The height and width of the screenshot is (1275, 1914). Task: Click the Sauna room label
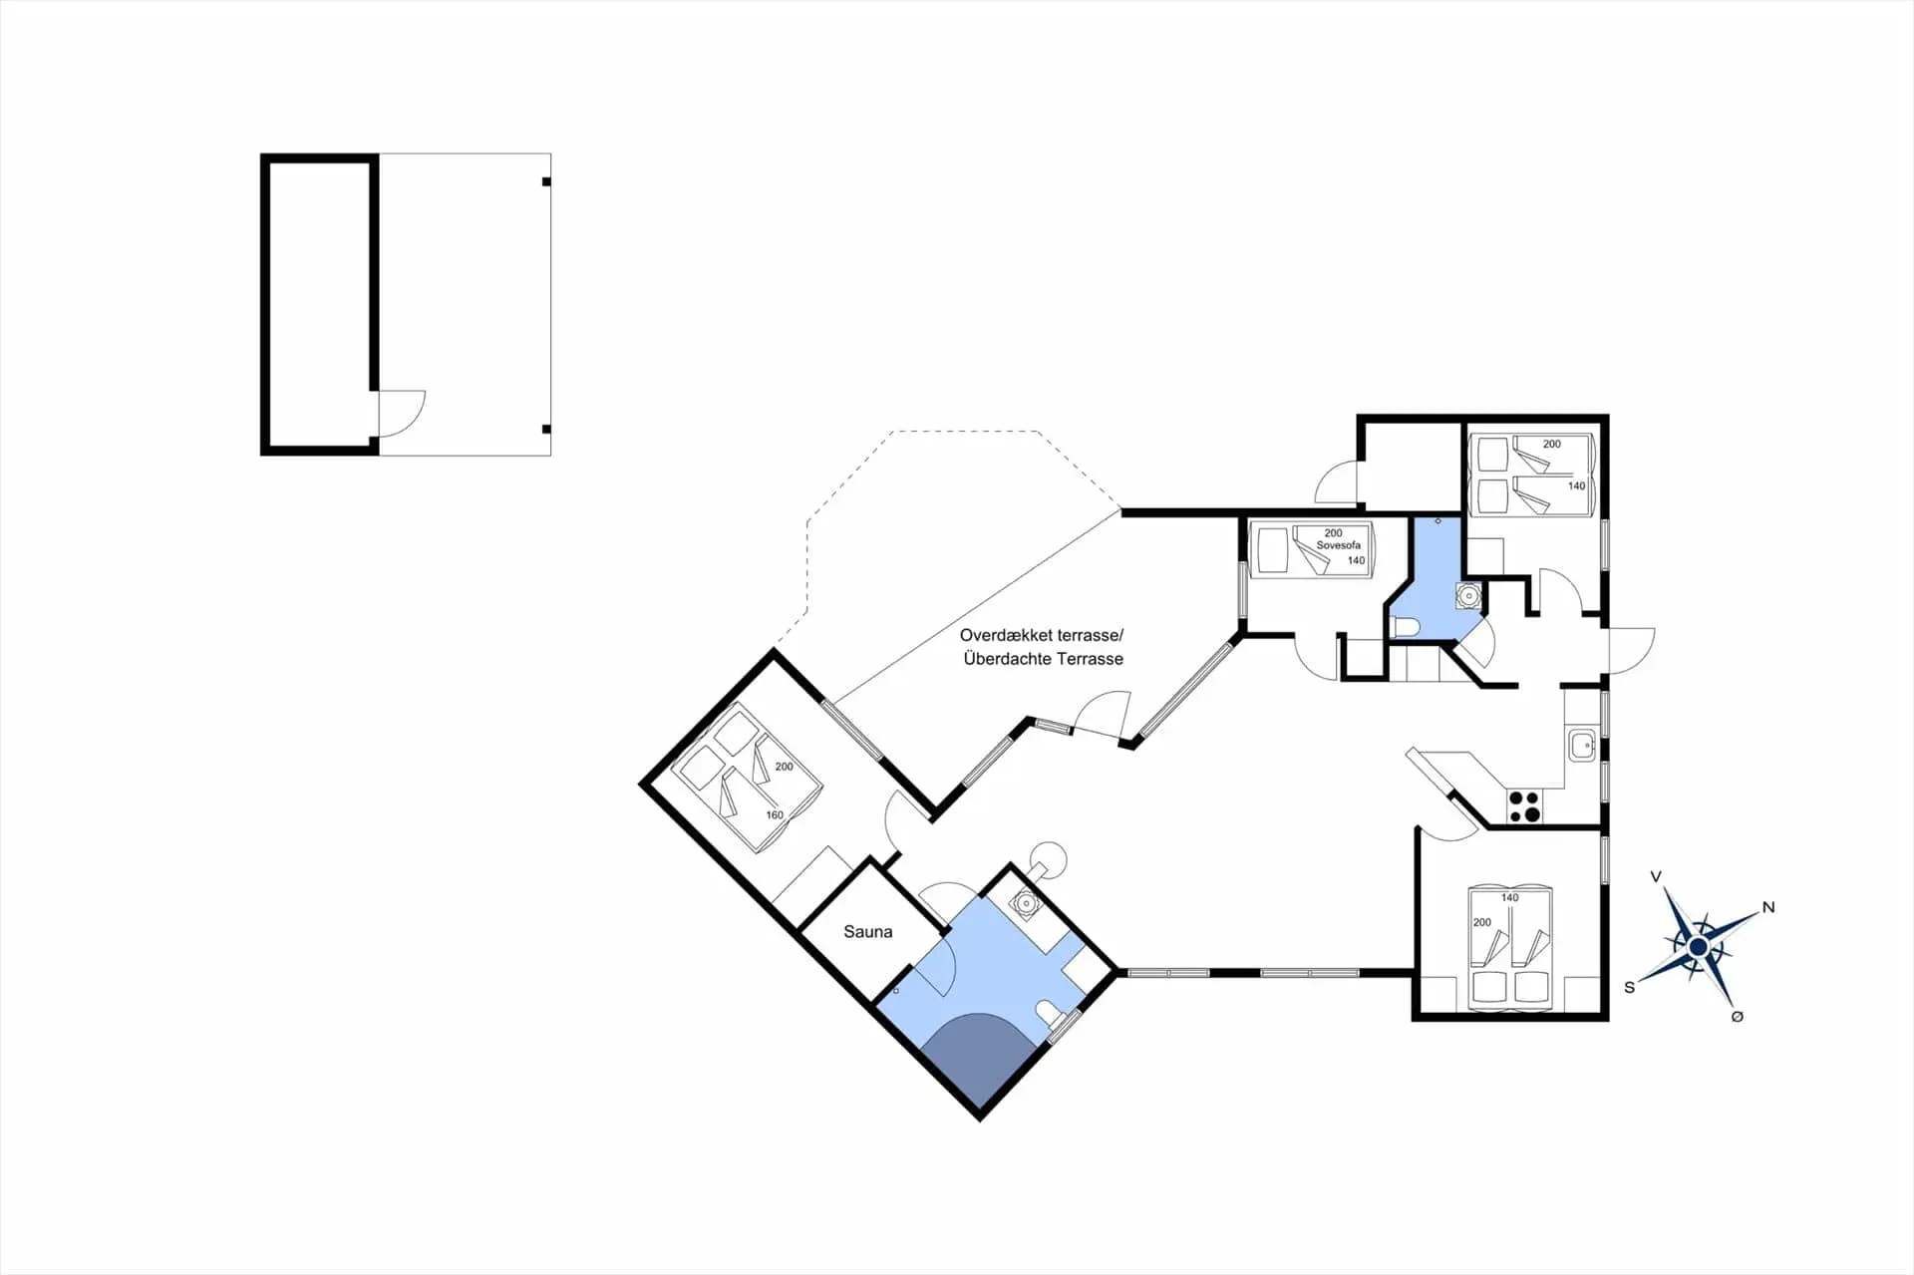click(867, 932)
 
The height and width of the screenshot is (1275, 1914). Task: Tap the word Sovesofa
click(1338, 545)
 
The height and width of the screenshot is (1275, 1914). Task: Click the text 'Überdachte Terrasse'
click(1043, 659)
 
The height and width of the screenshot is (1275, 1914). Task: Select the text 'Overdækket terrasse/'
click(1042, 635)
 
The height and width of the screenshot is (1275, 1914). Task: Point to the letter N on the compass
click(1768, 907)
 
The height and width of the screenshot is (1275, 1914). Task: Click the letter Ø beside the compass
click(1738, 1016)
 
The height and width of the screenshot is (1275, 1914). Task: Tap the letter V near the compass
click(1656, 877)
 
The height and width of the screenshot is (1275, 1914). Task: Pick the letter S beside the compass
click(1630, 987)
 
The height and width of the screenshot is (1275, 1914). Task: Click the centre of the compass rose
click(1699, 947)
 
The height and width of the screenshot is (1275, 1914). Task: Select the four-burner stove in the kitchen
click(1524, 806)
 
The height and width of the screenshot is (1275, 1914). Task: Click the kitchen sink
click(1581, 745)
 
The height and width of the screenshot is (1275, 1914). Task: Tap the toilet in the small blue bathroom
click(1406, 627)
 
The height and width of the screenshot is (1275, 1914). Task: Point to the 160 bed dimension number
click(775, 815)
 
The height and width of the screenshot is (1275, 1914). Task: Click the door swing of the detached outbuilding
click(403, 412)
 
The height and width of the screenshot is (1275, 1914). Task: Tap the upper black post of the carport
click(546, 181)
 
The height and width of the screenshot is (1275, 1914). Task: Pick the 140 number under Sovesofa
click(1356, 560)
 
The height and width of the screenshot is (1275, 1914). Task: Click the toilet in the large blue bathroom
click(1049, 1015)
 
